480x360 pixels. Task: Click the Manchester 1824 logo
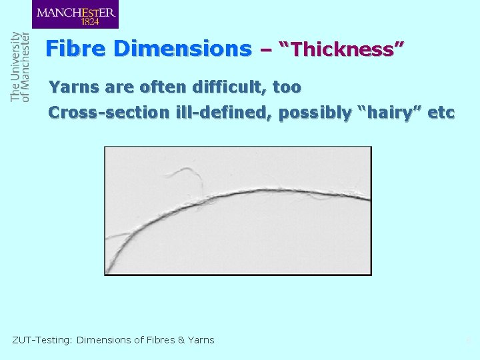click(x=75, y=15)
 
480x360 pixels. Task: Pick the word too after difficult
click(x=286, y=87)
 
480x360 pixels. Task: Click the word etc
click(x=441, y=113)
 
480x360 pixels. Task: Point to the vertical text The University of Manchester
click(x=20, y=67)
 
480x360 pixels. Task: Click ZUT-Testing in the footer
click(x=42, y=340)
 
